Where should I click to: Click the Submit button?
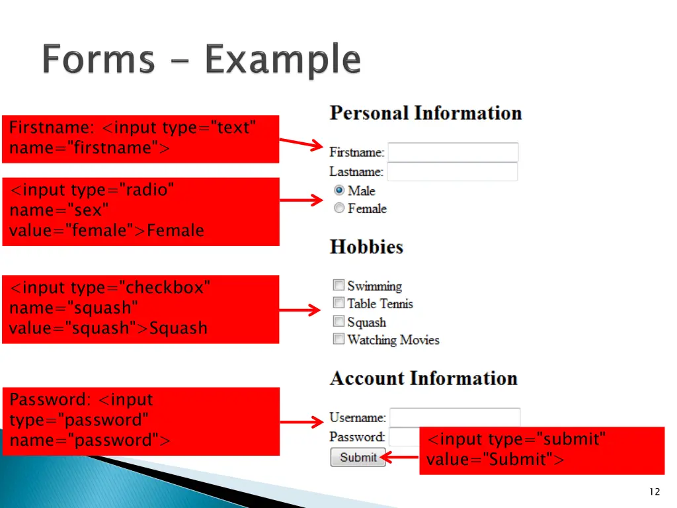coord(358,457)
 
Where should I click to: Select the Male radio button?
coord(339,190)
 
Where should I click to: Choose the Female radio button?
coord(339,208)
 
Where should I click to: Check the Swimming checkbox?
coord(338,286)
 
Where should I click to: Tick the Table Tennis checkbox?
coord(338,303)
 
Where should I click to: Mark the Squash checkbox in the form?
coord(338,321)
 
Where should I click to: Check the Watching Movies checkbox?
coord(338,339)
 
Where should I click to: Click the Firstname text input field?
coord(453,152)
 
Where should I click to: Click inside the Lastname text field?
coord(452,172)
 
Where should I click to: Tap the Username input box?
coord(455,417)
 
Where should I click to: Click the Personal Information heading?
coord(426,113)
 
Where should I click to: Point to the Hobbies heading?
coord(366,247)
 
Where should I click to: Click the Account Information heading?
coord(423,378)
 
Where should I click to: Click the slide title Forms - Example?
coord(202,60)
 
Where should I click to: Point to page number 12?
coord(655,491)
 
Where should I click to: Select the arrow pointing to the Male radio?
coord(301,200)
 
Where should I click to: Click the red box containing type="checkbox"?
coord(140,309)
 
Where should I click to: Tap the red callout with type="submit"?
coord(541,450)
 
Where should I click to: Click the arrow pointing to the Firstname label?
coord(301,144)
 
